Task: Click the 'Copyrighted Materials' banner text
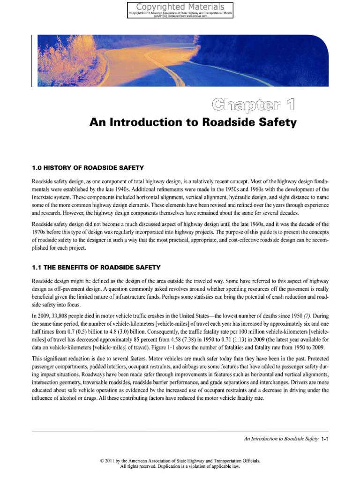click(180, 7)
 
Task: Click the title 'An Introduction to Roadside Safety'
click(193, 123)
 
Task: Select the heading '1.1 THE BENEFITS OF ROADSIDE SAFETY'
click(96, 267)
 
